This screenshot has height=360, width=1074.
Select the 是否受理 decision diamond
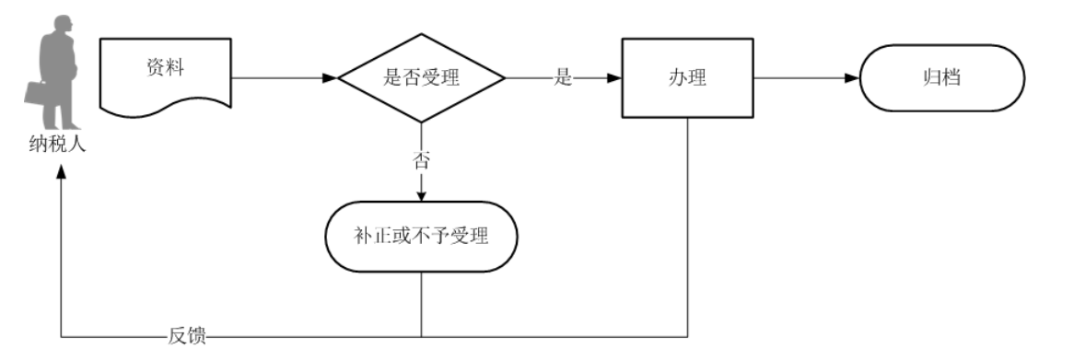pyautogui.click(x=421, y=78)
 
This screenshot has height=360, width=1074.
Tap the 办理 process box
pyautogui.click(x=687, y=78)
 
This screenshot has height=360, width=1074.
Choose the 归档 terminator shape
pyautogui.click(x=941, y=78)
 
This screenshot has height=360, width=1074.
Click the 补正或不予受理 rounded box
pyautogui.click(x=421, y=235)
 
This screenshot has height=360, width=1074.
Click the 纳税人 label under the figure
pyautogui.click(x=57, y=144)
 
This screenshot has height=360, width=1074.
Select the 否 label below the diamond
pyautogui.click(x=421, y=158)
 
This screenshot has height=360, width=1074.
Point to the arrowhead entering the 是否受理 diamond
pyautogui.click(x=330, y=78)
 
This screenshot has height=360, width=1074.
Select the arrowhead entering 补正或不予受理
pyautogui.click(x=421, y=195)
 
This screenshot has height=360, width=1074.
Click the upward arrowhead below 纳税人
pyautogui.click(x=61, y=177)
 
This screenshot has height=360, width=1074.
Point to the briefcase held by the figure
pyautogui.click(x=35, y=95)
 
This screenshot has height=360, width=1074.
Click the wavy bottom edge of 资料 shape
pyautogui.click(x=165, y=113)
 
